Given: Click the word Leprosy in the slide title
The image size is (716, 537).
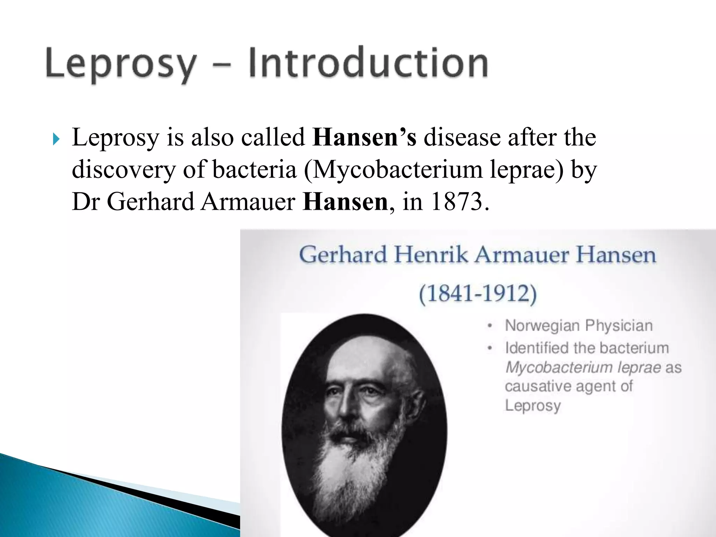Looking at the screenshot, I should pyautogui.click(x=121, y=64).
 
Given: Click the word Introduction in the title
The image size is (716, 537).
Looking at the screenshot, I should pyautogui.click(x=368, y=63).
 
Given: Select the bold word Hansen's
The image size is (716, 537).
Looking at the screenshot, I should pyautogui.click(x=364, y=137).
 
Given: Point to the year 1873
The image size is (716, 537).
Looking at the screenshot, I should pyautogui.click(x=457, y=202).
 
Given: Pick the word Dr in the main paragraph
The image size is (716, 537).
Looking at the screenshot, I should pyautogui.click(x=86, y=202).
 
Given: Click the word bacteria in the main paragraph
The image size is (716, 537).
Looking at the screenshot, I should pyautogui.click(x=255, y=170).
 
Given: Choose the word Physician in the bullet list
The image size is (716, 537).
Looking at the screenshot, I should pyautogui.click(x=619, y=325).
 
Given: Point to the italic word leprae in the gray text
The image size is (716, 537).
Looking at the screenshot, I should pyautogui.click(x=639, y=367).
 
